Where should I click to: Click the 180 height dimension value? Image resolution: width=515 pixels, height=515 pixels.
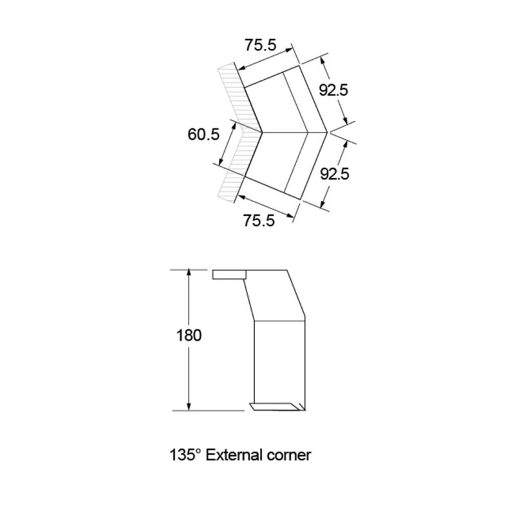(188, 335)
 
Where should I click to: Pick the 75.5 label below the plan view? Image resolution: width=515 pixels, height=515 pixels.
(259, 220)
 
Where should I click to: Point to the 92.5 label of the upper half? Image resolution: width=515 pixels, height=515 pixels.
(333, 91)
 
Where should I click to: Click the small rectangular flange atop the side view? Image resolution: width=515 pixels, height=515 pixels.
(229, 275)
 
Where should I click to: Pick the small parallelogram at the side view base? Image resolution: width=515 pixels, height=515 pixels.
(277, 406)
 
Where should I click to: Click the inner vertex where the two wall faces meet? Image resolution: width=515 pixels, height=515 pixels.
(262, 133)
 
